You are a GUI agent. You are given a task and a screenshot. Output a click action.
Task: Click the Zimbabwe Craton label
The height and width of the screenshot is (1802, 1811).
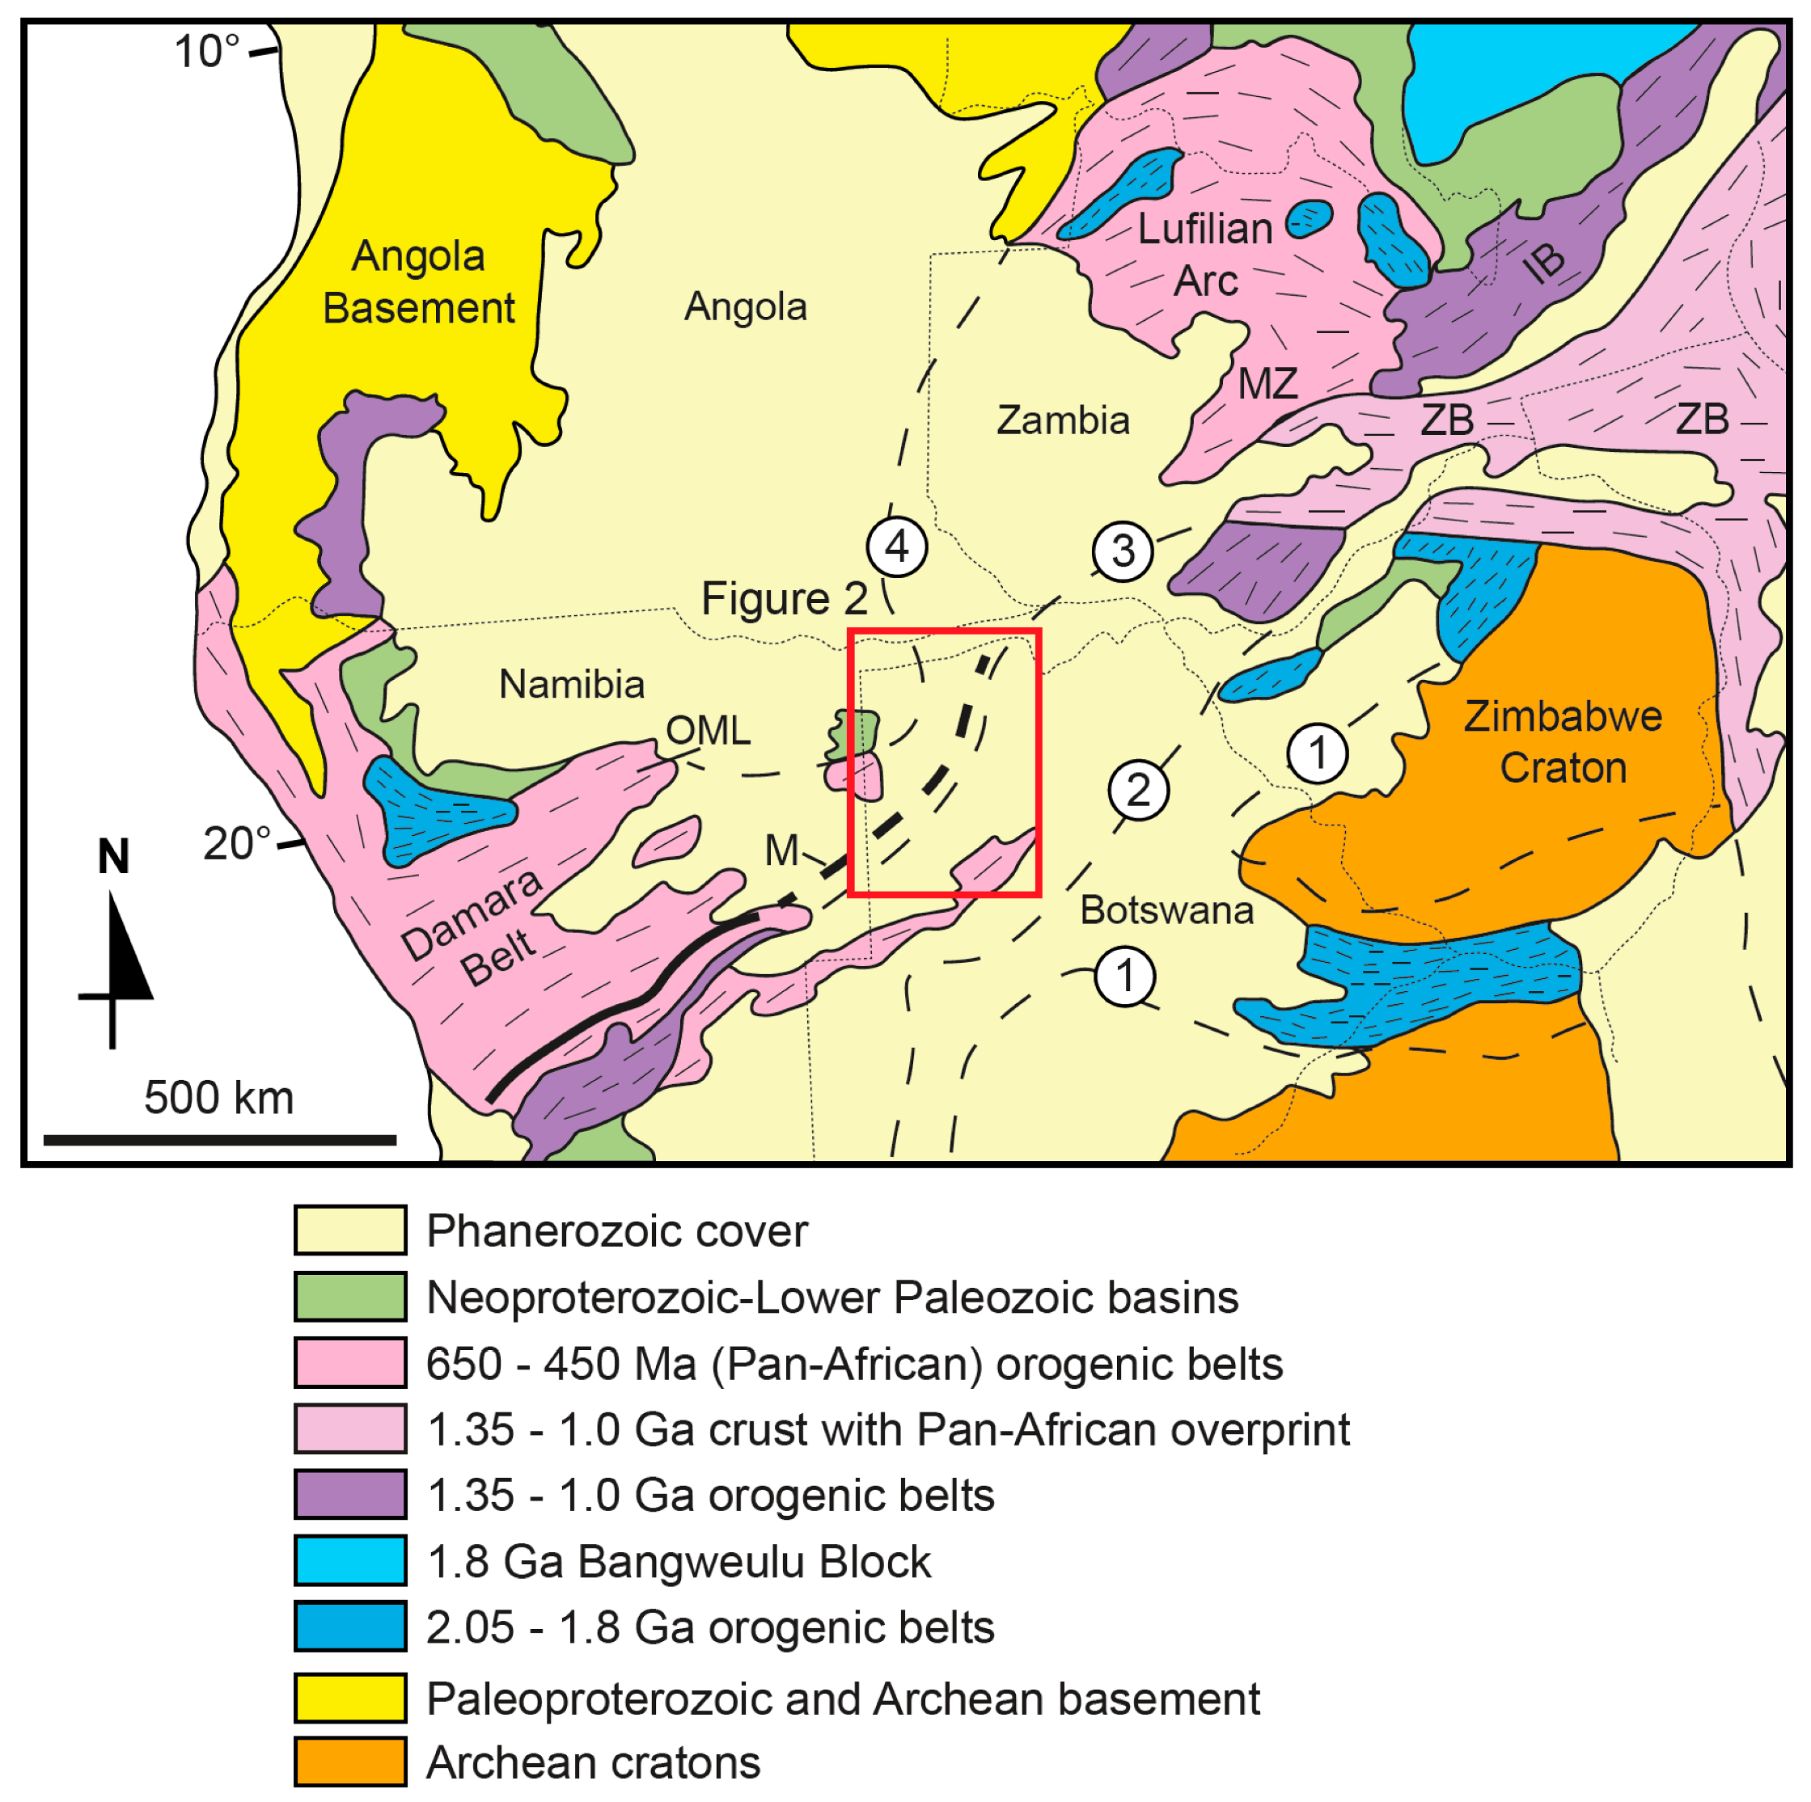point(1562,741)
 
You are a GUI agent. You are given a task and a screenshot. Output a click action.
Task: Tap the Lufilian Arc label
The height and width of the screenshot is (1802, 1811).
point(1204,254)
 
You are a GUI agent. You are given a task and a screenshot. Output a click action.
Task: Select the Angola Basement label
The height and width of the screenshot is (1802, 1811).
point(418,281)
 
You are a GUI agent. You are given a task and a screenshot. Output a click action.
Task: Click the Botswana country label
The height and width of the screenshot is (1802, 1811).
point(1166,910)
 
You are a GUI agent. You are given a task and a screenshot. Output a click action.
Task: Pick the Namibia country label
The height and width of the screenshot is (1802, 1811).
point(572,684)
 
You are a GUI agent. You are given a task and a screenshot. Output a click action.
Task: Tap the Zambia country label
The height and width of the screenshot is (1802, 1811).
point(1063,420)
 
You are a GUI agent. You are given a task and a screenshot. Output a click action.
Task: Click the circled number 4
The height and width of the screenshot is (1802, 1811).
point(897,547)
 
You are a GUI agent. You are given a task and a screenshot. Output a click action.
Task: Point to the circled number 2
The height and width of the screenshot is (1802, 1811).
point(1138,790)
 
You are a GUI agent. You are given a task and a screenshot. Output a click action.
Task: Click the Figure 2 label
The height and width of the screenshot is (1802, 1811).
point(785,599)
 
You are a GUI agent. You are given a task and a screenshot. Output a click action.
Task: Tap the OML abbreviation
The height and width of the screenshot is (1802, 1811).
point(708,731)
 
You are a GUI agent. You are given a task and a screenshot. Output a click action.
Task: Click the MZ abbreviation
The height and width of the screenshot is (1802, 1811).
point(1267,383)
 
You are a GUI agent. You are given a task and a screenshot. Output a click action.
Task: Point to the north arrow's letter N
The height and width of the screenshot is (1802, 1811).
point(113,856)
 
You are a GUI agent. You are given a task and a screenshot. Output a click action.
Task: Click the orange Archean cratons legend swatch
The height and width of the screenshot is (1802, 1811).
point(349,1762)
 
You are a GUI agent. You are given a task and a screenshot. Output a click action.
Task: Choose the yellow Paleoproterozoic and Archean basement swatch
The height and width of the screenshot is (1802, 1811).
point(349,1698)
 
